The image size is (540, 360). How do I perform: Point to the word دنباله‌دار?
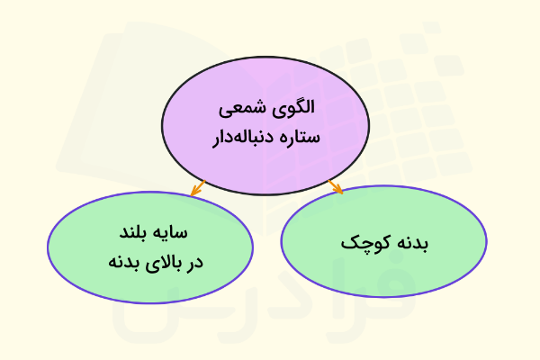tap(243, 137)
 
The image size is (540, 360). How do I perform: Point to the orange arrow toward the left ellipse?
tap(198, 188)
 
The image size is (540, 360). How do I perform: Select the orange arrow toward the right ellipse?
tap(336, 186)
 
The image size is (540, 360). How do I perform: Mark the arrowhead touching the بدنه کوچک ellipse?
tap(339, 190)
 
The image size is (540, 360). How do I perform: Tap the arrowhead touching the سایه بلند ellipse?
tap(194, 192)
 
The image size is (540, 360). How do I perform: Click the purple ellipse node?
tap(265, 126)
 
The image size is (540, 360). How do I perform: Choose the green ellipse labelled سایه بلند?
tap(150, 247)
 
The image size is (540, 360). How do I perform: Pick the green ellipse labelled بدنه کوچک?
tap(384, 241)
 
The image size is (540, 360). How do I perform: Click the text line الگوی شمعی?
tap(266, 109)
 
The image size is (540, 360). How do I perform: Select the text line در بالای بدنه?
tap(156, 263)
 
